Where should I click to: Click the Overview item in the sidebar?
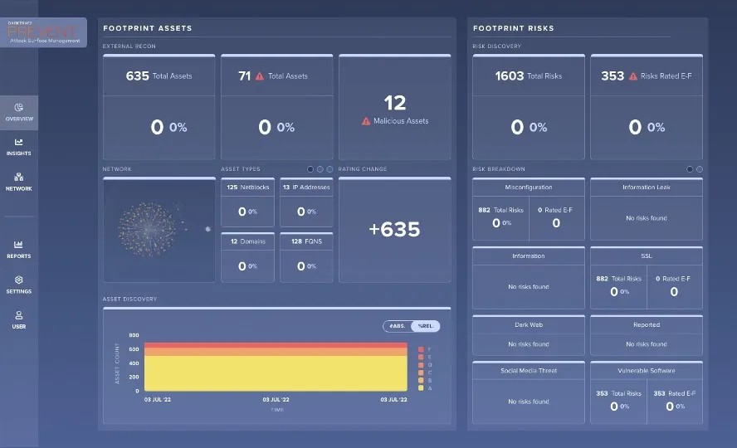click(19, 112)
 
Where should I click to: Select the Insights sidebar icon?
click(19, 147)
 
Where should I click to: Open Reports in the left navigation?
click(19, 249)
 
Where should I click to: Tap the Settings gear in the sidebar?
click(19, 285)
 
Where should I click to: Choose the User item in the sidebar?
click(19, 319)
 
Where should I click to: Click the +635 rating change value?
click(394, 229)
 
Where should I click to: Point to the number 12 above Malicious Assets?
click(395, 103)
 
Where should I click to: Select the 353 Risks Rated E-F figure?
click(613, 76)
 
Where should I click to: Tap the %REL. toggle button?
click(426, 326)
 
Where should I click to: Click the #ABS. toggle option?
click(398, 326)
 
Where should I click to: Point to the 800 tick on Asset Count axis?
click(134, 336)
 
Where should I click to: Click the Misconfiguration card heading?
click(528, 187)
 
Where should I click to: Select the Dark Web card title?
click(528, 324)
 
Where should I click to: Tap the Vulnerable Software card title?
click(646, 371)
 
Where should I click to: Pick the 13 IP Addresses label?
click(305, 187)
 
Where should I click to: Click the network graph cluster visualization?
click(147, 228)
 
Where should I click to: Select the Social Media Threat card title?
click(528, 371)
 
